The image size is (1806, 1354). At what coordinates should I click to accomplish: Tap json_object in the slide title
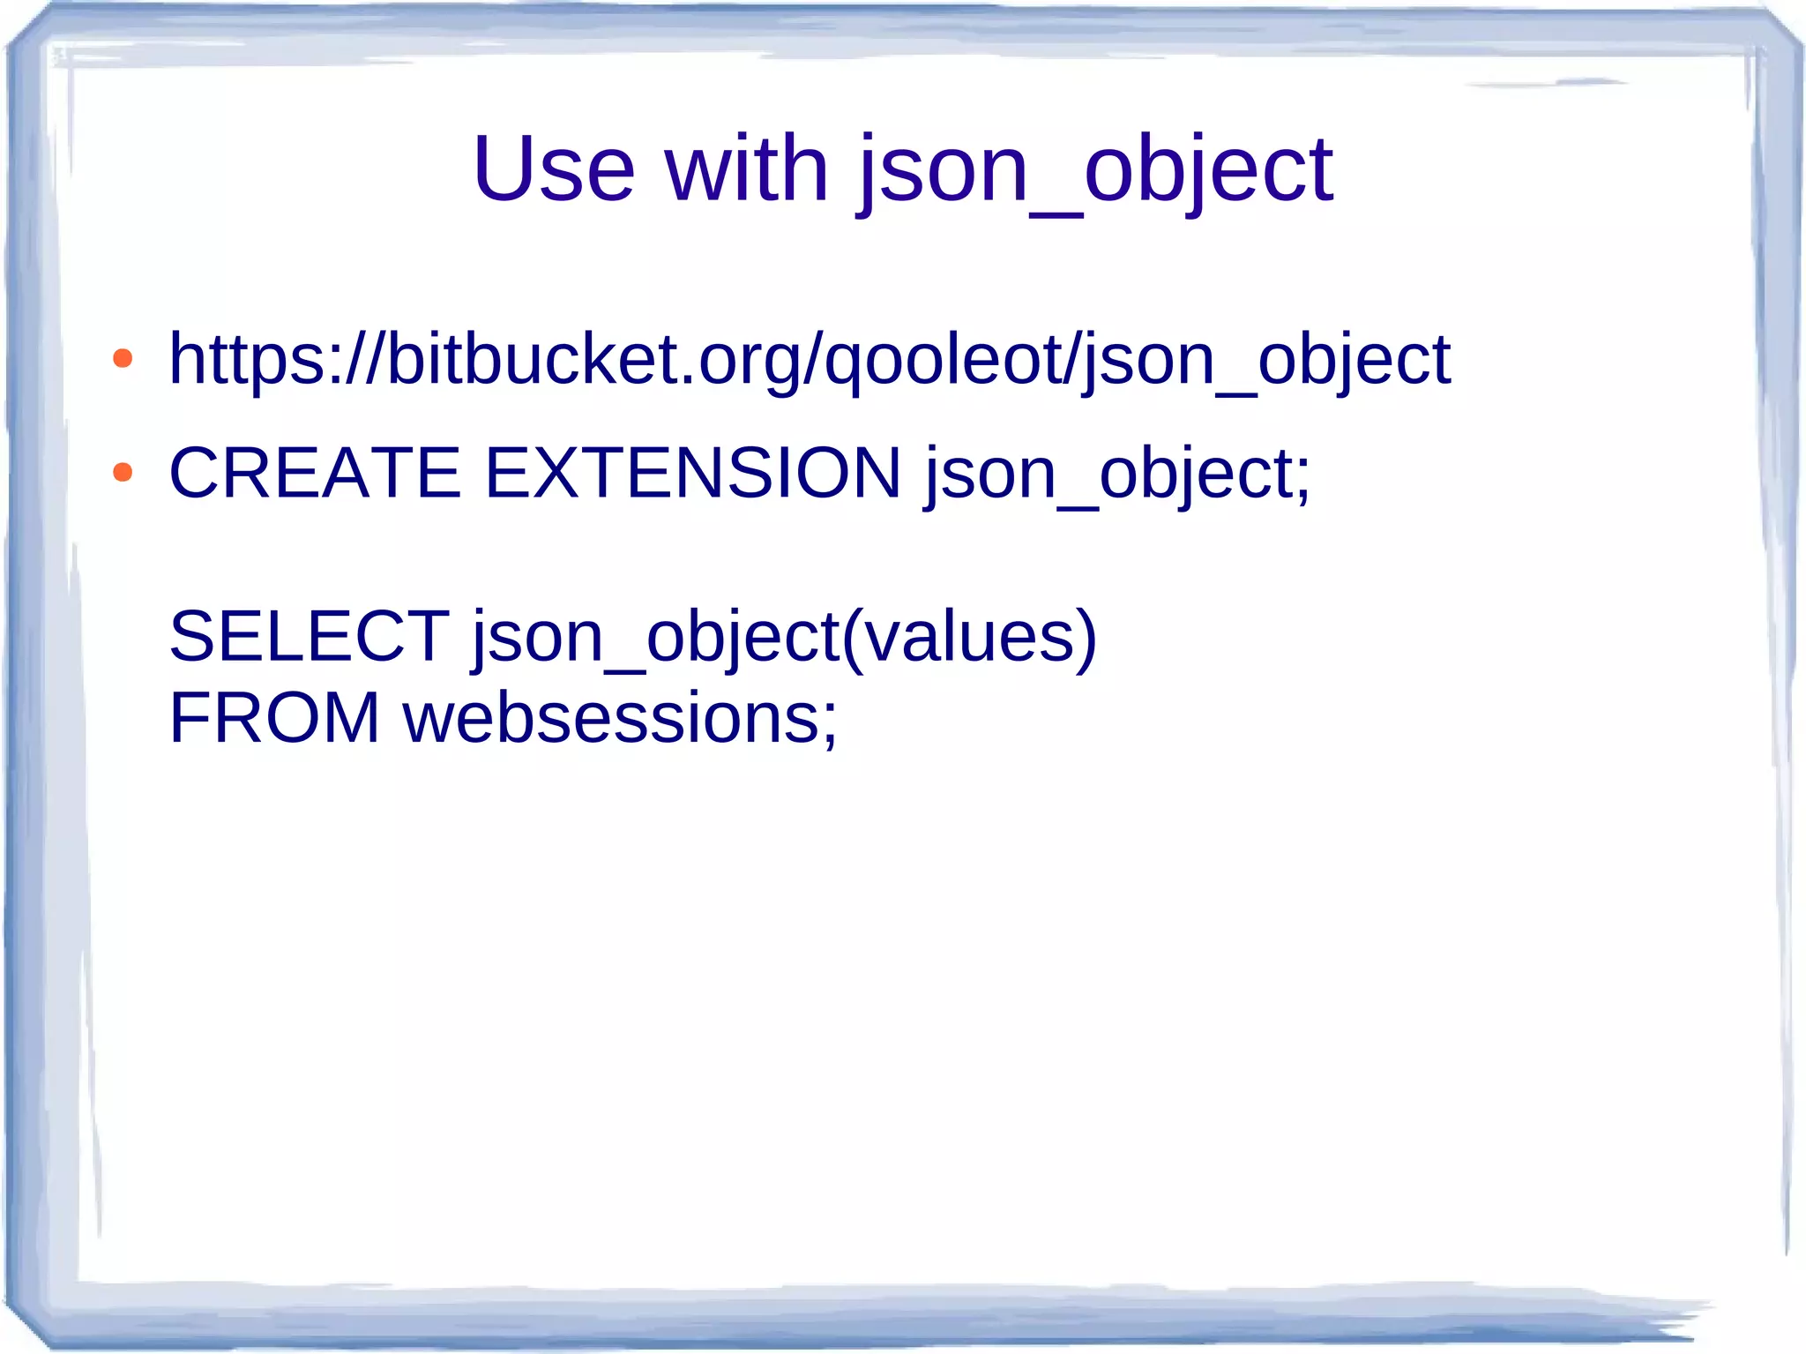click(x=1095, y=170)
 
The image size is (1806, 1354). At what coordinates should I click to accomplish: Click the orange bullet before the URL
click(x=123, y=358)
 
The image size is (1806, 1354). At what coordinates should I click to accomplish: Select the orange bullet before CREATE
click(x=123, y=473)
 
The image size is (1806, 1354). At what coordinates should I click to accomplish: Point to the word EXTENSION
click(x=693, y=473)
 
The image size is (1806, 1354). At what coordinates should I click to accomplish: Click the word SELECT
click(x=310, y=636)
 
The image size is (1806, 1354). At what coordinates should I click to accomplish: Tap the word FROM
click(x=274, y=718)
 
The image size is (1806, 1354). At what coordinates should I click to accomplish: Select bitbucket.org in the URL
click(x=591, y=359)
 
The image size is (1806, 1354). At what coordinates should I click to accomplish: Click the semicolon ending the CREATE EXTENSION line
click(x=1303, y=480)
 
